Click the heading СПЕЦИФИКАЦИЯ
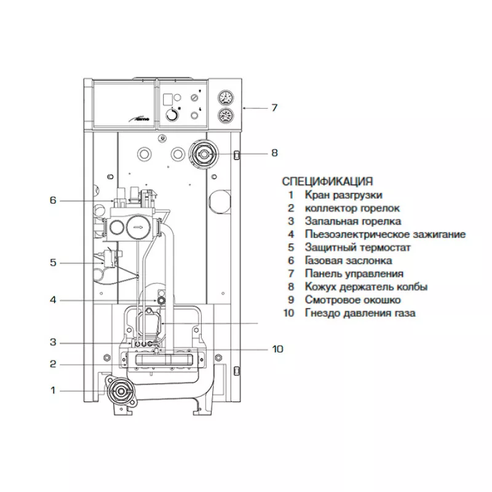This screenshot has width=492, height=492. coord(327,181)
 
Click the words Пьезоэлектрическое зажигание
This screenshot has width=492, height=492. coord(385,234)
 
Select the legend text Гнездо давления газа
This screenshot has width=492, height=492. coord(360,313)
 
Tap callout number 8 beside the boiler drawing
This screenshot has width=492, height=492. coord(274,153)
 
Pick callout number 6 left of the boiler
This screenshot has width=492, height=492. coord(53,200)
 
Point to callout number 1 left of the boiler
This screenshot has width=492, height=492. coord(53,390)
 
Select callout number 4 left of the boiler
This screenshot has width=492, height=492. coord(53,300)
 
